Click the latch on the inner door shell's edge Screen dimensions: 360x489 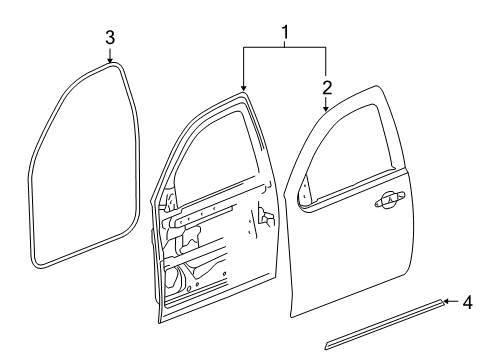click(x=264, y=220)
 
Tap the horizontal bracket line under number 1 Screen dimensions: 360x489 click(x=285, y=47)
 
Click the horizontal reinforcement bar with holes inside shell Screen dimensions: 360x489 click(x=205, y=212)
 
